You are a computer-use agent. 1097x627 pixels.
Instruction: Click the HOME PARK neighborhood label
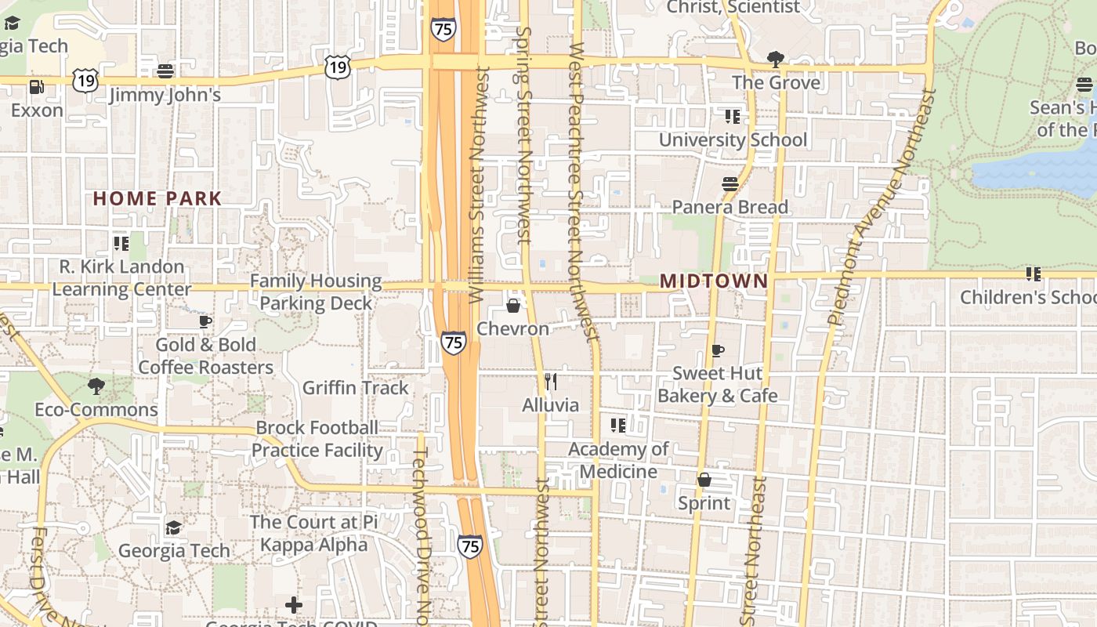(x=157, y=198)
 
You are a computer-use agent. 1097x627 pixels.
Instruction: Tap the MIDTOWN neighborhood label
(x=713, y=281)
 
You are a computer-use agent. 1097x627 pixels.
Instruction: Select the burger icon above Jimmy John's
(x=165, y=71)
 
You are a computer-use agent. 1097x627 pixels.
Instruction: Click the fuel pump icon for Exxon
(x=36, y=86)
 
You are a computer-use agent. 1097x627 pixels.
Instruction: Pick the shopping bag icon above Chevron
(x=513, y=305)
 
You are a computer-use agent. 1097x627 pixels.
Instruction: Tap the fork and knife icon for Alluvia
(x=551, y=382)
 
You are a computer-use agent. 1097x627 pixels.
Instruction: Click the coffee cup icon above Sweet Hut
(x=717, y=350)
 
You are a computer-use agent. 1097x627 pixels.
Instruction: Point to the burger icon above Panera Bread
(x=730, y=184)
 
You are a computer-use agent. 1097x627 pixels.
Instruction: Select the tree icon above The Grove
(x=776, y=59)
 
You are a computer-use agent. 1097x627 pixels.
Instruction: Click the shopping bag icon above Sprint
(x=704, y=480)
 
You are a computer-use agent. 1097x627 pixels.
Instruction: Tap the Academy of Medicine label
(x=618, y=460)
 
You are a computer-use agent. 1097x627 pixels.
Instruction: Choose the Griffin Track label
(x=356, y=387)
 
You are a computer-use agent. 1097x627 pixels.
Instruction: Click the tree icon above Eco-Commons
(x=96, y=386)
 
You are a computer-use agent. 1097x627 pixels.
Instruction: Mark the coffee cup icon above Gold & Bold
(x=205, y=321)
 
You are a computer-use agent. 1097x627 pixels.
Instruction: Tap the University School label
(x=733, y=140)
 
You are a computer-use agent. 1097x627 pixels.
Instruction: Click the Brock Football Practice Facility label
(x=317, y=439)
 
